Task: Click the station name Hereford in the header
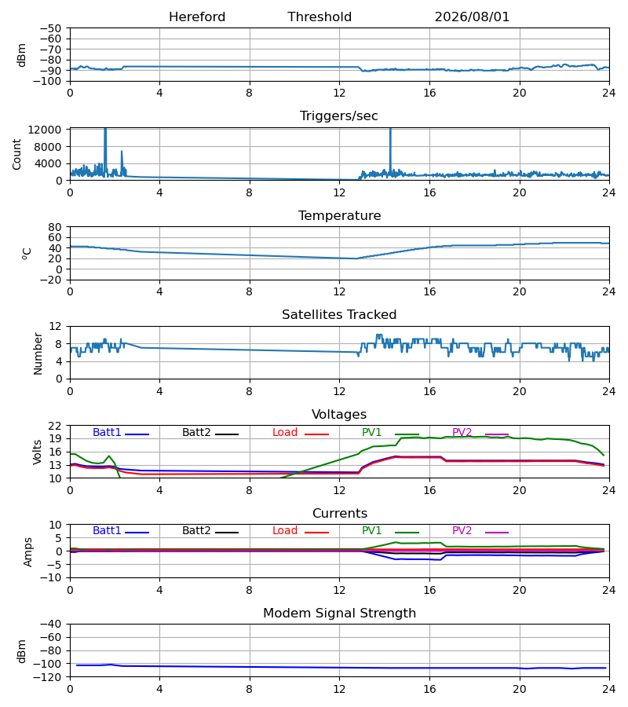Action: tap(197, 17)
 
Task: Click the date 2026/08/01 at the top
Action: tap(472, 17)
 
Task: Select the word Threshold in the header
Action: tap(319, 17)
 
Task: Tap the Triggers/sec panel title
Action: tap(339, 116)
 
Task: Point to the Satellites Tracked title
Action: tap(339, 315)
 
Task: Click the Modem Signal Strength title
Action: tap(339, 614)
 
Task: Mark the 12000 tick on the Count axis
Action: tap(45, 130)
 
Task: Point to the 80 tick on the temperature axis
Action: tap(55, 227)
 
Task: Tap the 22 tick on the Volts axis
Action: tap(55, 426)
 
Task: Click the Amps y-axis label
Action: tap(28, 551)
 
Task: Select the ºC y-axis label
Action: tap(27, 254)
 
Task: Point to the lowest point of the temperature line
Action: tap(356, 258)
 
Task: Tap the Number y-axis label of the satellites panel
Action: tap(38, 353)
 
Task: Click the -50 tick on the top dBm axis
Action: tap(51, 28)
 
